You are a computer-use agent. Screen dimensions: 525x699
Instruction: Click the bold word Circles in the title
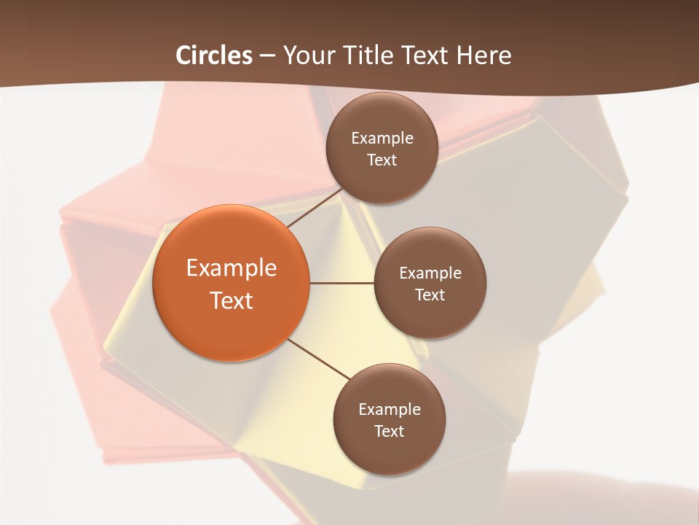(x=214, y=55)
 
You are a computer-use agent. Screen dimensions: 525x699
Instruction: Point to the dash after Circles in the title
(x=267, y=56)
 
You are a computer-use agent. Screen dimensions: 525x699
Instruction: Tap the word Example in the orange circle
(x=232, y=268)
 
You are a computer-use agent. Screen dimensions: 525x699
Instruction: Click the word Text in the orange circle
(x=232, y=300)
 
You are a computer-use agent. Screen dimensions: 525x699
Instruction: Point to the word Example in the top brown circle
(x=382, y=139)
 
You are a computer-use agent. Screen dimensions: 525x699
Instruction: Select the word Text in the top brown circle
(x=382, y=160)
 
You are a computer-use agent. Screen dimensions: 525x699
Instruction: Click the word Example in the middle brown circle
(x=430, y=273)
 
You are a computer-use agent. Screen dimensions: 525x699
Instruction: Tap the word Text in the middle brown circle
(x=430, y=295)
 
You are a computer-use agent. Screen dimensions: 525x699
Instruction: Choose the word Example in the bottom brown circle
(x=390, y=410)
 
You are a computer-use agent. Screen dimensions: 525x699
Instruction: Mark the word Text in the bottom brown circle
(x=389, y=432)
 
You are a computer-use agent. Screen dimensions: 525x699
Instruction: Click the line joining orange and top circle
(x=315, y=209)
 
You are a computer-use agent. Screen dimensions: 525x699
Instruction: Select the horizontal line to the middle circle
(x=341, y=283)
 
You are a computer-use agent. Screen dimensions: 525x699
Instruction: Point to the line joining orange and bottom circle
(x=319, y=359)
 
